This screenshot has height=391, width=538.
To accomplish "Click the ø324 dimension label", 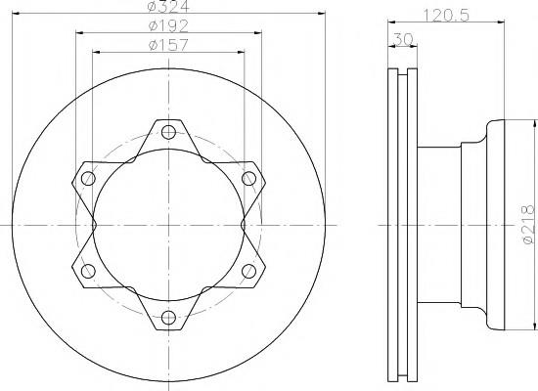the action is click(x=168, y=6).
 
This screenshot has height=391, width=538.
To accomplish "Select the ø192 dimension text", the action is click(x=168, y=25).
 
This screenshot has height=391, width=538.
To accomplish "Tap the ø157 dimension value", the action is click(x=168, y=45).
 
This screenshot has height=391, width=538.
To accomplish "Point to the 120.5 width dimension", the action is click(x=446, y=16).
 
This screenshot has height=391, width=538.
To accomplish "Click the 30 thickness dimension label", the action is click(x=403, y=39).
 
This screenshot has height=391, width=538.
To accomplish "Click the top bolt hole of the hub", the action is click(x=168, y=132).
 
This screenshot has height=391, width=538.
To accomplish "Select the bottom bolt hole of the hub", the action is click(x=168, y=318).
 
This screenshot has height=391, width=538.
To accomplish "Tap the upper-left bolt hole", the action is click(x=88, y=178).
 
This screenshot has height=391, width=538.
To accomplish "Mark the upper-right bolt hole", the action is click(x=248, y=178).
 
